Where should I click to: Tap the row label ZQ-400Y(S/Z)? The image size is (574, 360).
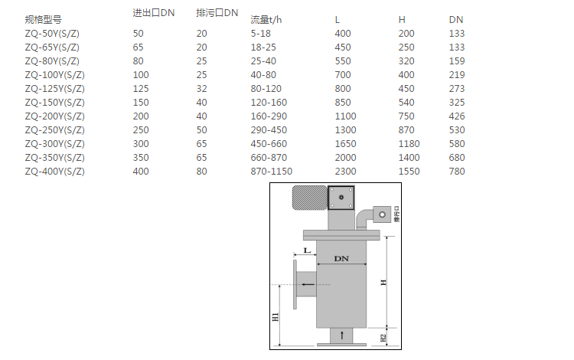[54, 172]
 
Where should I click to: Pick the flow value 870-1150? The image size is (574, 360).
[271, 172]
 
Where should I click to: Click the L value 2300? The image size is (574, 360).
[345, 172]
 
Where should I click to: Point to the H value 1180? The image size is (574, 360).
[409, 144]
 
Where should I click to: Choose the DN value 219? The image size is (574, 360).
[456, 75]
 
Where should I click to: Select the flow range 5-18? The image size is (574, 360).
[261, 34]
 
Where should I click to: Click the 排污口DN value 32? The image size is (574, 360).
[201, 89]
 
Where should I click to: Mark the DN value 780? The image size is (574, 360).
[456, 172]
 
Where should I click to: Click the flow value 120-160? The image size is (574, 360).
[269, 103]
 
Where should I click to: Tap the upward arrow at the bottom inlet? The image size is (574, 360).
[341, 335]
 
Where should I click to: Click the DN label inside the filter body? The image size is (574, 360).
[341, 259]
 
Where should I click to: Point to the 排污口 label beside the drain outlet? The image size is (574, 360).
[396, 212]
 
